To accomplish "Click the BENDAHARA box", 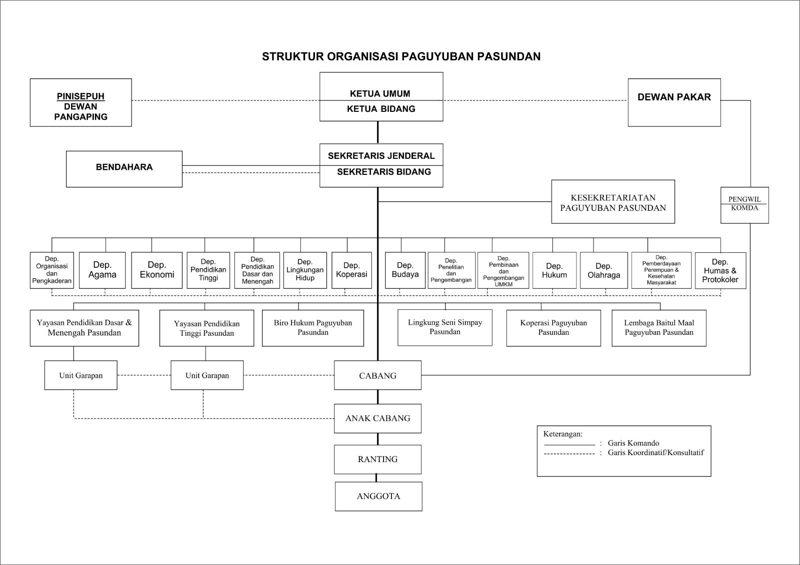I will [x=124, y=169].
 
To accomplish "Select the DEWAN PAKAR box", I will [x=674, y=102].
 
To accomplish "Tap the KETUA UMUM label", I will [x=380, y=93].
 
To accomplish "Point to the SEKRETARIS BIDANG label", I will [x=383, y=172].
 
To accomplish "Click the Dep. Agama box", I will [x=102, y=270].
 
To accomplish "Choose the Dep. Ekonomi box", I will [x=157, y=270].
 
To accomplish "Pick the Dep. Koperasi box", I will [x=351, y=270].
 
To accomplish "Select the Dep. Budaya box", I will [x=405, y=270].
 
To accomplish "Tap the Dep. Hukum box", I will [x=554, y=270].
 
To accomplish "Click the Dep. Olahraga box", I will [x=603, y=270].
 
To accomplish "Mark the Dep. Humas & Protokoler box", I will [x=720, y=270].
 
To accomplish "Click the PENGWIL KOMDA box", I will [x=744, y=205].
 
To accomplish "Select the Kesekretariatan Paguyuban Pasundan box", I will [x=613, y=202].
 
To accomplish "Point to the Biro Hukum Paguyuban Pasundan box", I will [x=313, y=328].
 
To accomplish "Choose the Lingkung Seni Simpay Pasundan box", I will [x=445, y=327].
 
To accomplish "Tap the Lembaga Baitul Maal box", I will [x=659, y=328].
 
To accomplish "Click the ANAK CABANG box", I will [x=377, y=418].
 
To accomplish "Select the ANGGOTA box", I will [x=378, y=496].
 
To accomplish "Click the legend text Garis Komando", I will [x=633, y=443].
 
